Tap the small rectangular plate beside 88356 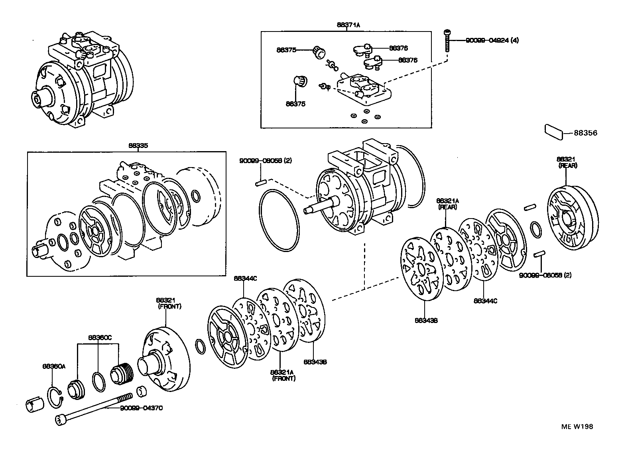click(554, 132)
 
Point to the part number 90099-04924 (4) click(492, 40)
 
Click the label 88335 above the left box click(138, 146)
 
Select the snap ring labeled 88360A click(55, 397)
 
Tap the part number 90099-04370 click(141, 408)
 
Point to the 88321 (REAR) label click(567, 162)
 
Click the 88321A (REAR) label click(447, 203)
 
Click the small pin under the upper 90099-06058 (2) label click(261, 183)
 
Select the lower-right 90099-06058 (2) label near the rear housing click(545, 275)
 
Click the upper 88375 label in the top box click(286, 50)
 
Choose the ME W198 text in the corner click(577, 427)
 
